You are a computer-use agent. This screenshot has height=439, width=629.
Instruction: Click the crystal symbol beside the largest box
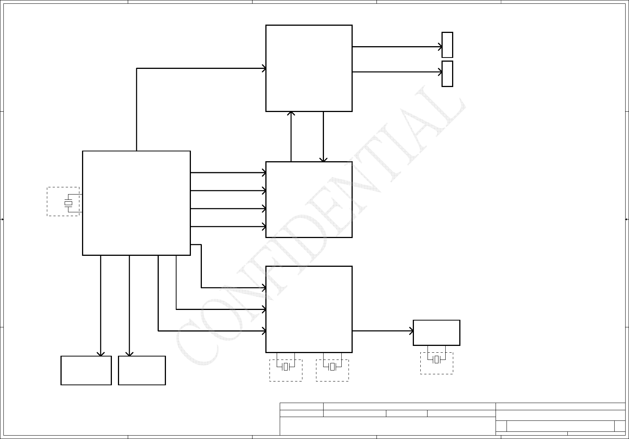click(x=68, y=203)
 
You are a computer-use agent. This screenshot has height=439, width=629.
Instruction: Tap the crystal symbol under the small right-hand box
click(x=436, y=360)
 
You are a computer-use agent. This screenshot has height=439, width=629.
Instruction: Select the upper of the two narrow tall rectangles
click(x=447, y=45)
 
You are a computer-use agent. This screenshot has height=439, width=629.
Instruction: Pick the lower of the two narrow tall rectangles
click(x=447, y=74)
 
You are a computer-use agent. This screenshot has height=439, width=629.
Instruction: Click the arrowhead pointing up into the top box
click(x=291, y=113)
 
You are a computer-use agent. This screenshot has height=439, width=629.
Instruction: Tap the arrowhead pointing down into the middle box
click(x=324, y=160)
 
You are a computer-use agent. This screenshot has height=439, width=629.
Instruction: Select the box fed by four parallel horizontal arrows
click(x=309, y=199)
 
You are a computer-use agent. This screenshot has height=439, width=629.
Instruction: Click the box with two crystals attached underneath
click(x=309, y=309)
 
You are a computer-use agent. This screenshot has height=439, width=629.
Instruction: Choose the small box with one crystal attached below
click(x=437, y=333)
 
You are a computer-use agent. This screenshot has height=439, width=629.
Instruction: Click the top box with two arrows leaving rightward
click(x=309, y=68)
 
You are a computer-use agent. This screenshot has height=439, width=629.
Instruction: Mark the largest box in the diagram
click(x=136, y=203)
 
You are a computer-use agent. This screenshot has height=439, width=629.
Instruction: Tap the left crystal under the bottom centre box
click(x=286, y=367)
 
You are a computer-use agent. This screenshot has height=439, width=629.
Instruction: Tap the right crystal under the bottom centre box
click(x=333, y=367)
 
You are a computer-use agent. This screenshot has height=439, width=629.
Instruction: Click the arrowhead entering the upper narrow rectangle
click(x=440, y=47)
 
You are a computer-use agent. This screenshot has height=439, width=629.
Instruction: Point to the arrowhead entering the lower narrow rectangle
click(x=440, y=72)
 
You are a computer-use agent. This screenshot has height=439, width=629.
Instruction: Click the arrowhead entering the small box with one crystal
click(x=412, y=331)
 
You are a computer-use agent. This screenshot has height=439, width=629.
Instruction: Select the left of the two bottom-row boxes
click(x=86, y=371)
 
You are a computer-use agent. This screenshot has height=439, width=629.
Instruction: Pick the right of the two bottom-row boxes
click(x=142, y=371)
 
